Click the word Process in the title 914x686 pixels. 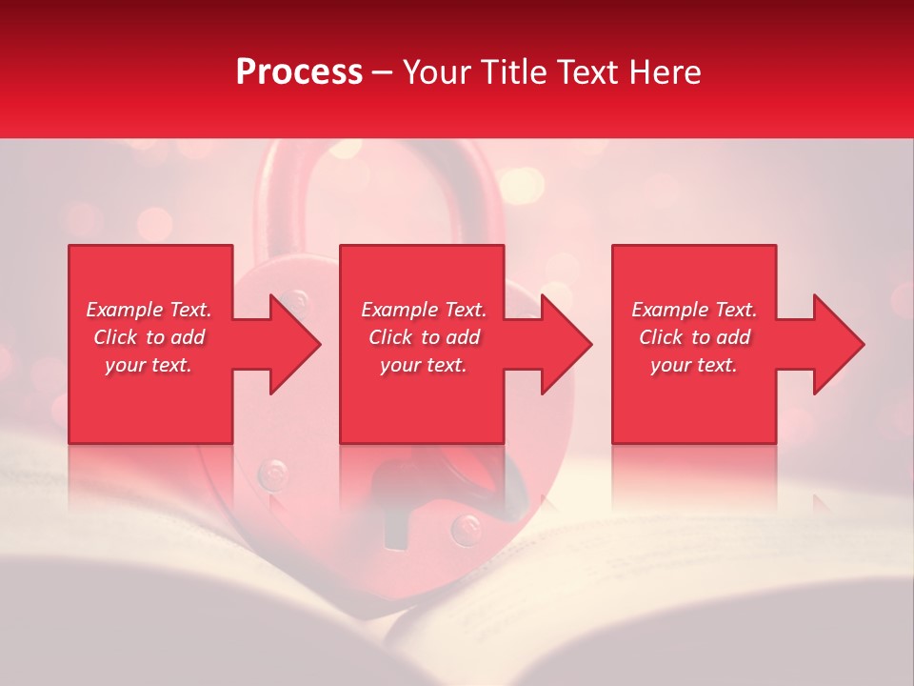pos(299,72)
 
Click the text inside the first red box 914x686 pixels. pos(149,337)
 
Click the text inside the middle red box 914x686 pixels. pos(424,337)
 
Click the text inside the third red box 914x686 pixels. pos(694,337)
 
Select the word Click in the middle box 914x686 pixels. pos(389,337)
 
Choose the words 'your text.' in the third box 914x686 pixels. pos(694,365)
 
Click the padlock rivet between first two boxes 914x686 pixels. pos(299,303)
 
